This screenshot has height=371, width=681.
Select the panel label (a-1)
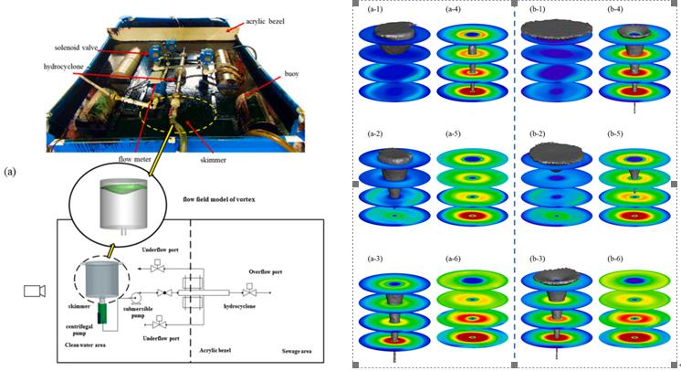375,10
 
